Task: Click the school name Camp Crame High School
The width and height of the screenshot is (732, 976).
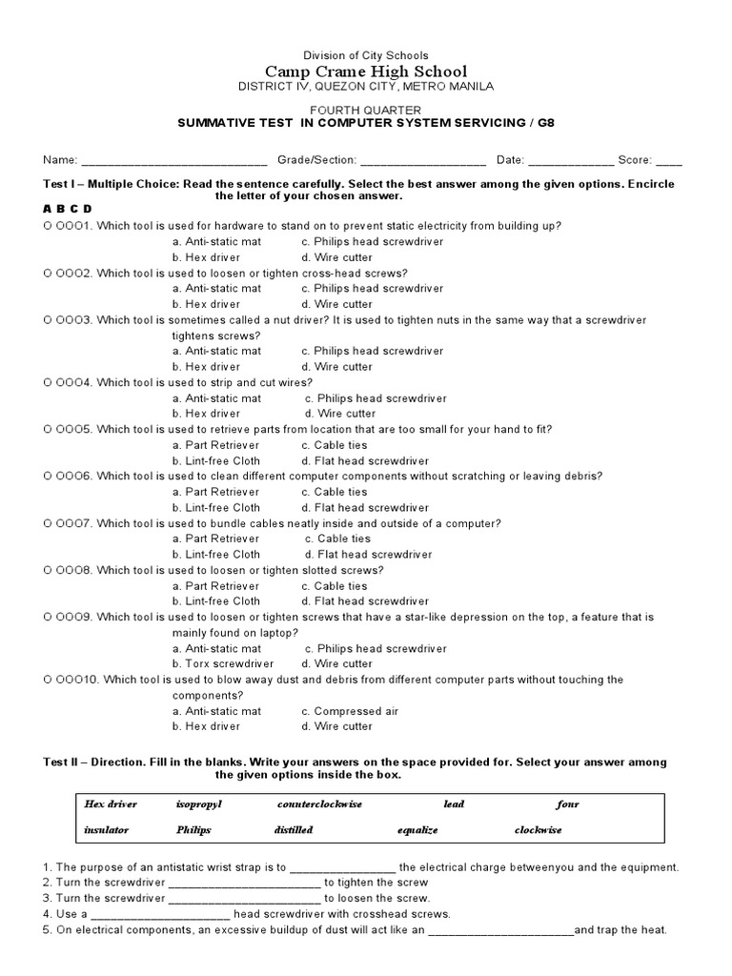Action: click(x=366, y=71)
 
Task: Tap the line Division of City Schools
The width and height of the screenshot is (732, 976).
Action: click(x=366, y=56)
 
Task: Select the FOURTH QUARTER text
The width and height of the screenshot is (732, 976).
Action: click(x=366, y=111)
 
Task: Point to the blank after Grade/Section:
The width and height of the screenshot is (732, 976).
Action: click(x=423, y=160)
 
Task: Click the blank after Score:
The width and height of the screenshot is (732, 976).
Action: click(x=669, y=160)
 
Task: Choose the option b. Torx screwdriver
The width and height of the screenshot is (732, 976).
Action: click(x=223, y=663)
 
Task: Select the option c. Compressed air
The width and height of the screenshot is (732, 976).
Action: click(x=350, y=711)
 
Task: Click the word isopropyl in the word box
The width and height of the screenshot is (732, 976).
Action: click(x=198, y=804)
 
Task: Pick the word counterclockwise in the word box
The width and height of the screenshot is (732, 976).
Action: click(x=319, y=804)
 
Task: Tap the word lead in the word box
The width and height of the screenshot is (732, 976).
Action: click(x=454, y=804)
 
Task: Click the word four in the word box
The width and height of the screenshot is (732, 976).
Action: click(x=567, y=804)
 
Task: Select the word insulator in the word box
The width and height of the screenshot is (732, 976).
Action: click(x=107, y=830)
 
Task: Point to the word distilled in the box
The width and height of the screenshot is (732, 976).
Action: click(x=294, y=830)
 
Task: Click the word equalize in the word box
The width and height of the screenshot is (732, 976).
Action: click(x=417, y=830)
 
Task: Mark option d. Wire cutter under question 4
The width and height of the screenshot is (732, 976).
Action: click(x=340, y=414)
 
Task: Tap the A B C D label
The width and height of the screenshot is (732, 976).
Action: click(x=67, y=209)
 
